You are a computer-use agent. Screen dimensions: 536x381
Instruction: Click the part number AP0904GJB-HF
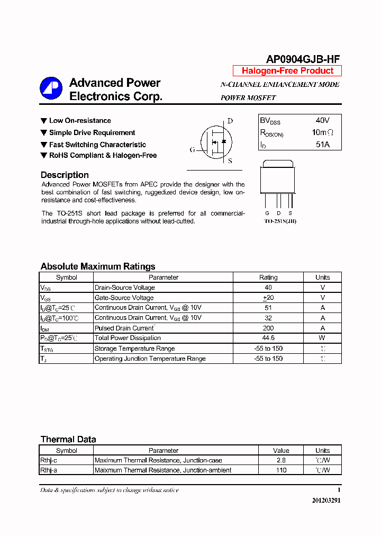303,59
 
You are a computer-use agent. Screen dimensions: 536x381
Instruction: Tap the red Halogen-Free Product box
287,71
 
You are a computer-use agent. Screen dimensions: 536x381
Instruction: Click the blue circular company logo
51,88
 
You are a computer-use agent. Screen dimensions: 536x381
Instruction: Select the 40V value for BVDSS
322,121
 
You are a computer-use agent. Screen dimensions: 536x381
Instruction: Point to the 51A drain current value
322,144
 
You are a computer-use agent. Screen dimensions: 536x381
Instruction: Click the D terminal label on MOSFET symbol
230,121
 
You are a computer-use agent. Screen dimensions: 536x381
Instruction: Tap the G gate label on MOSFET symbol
192,150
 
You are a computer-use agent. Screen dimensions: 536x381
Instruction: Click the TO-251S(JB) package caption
280,221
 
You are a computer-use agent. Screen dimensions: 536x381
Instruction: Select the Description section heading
65,175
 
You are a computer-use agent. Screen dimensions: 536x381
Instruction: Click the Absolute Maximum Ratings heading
98,266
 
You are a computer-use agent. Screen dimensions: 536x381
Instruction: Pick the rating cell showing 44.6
268,338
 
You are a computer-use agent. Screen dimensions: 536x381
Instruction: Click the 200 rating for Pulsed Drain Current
268,328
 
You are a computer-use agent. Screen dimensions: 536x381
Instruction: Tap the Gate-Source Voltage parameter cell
124,298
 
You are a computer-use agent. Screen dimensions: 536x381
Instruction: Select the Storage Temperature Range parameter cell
134,349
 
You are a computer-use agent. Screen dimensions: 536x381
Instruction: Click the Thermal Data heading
68,439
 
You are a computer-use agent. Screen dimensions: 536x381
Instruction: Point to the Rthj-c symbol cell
52,460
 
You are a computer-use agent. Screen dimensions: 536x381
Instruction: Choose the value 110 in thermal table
281,470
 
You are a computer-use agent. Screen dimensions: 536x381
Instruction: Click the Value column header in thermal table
281,450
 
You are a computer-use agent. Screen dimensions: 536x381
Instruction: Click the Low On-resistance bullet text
80,121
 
